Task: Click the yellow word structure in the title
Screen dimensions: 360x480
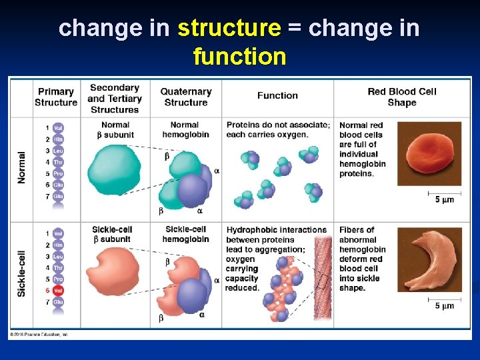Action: point(229,28)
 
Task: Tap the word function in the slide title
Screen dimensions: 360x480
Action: point(239,56)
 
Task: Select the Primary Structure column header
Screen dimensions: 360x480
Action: point(56,97)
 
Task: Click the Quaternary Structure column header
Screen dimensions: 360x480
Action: point(185,97)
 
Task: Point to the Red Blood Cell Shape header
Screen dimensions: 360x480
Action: point(401,97)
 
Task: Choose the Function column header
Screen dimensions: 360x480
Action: point(277,95)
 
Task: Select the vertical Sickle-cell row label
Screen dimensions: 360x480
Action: point(22,270)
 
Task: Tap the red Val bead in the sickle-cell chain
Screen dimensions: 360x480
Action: point(58,291)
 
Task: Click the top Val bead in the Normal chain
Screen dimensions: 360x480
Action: point(58,128)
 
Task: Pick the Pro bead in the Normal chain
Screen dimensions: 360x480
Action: point(58,173)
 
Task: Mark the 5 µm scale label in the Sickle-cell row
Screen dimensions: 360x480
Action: point(444,306)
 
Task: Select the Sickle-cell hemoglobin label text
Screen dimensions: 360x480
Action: point(185,234)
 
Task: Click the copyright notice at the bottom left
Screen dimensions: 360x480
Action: point(39,334)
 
